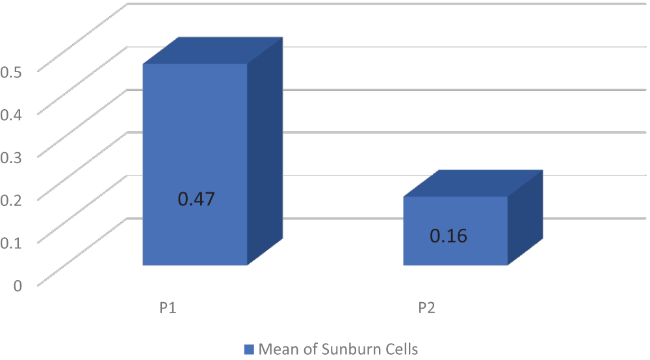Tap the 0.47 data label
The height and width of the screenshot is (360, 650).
click(x=196, y=199)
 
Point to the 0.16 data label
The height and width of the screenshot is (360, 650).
click(x=448, y=235)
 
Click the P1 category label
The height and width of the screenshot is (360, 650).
click(x=168, y=307)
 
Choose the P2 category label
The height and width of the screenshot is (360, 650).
click(x=426, y=307)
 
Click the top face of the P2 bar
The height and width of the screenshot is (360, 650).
click(x=472, y=183)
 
